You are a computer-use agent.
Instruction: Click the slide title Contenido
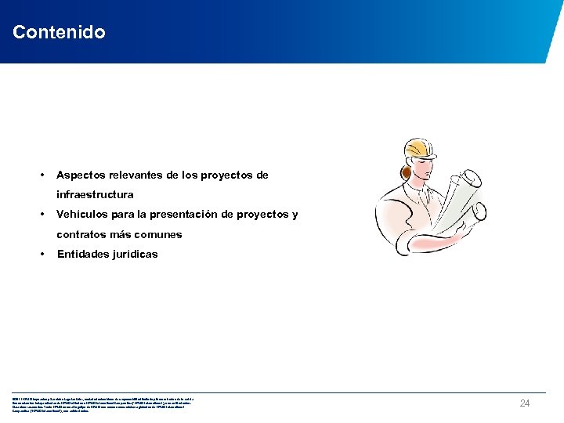pos(59,33)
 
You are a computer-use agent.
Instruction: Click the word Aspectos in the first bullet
pos(81,175)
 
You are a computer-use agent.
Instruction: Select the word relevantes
pos(139,175)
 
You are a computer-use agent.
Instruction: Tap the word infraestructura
pos(95,194)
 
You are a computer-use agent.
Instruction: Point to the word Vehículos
pos(82,215)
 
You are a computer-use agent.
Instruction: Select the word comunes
pos(159,234)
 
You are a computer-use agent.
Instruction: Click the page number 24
pos(526,403)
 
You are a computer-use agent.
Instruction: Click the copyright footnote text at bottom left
pos(102,403)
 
